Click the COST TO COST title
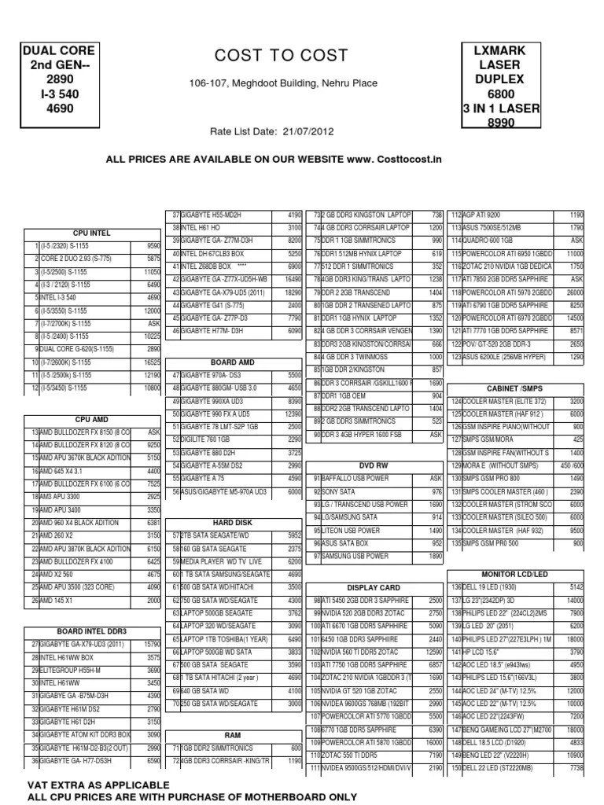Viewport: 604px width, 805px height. click(280, 55)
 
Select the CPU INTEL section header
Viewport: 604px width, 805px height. click(92, 233)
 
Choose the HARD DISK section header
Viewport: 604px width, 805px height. click(233, 522)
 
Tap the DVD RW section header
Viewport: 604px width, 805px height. click(374, 465)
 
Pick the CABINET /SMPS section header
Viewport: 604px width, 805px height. click(514, 388)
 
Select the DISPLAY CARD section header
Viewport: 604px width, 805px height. click(374, 587)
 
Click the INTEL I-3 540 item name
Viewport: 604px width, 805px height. click(57, 298)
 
